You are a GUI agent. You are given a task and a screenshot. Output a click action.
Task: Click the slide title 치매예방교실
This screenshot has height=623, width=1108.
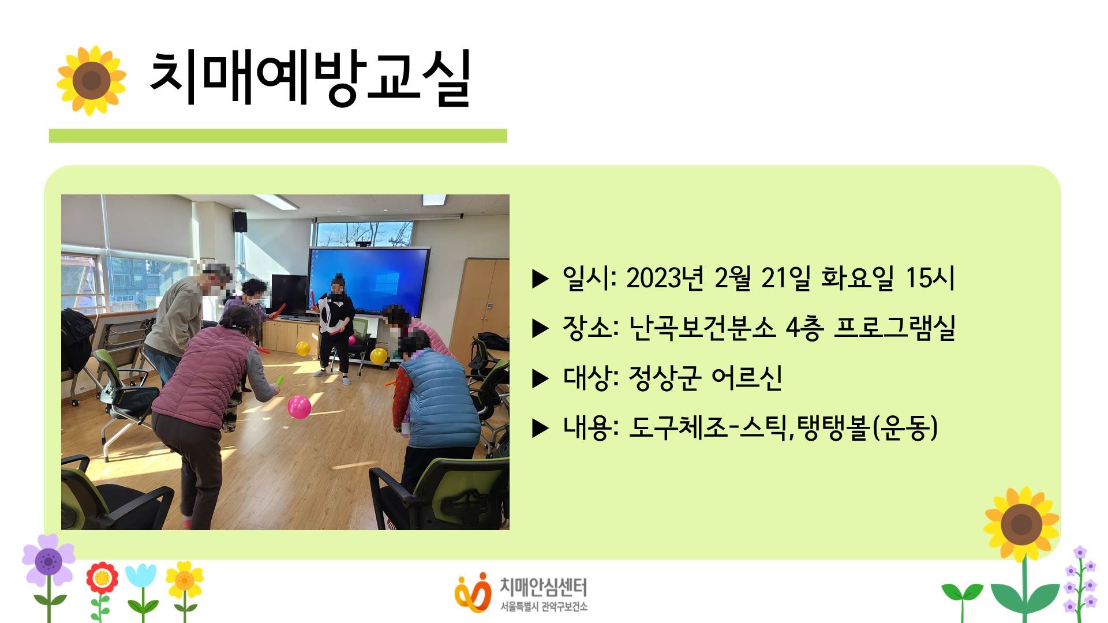coord(310,78)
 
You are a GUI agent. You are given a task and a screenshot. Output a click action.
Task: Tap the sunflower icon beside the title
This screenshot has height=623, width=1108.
coord(91,80)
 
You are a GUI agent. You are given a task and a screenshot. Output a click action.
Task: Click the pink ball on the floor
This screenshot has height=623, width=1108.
coord(299,407)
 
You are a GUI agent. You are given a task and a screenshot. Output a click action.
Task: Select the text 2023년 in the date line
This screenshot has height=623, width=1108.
coord(665,278)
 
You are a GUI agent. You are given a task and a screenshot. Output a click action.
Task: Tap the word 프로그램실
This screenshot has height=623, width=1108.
coord(894,328)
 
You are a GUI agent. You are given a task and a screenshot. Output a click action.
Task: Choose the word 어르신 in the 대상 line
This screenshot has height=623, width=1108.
coord(746,378)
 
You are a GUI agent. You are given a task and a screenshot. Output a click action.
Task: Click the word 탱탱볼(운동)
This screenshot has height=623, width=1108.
coord(869,427)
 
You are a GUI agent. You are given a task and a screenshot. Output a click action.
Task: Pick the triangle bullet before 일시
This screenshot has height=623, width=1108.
coord(540,279)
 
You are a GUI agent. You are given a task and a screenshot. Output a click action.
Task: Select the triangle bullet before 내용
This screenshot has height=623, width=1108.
coord(540,428)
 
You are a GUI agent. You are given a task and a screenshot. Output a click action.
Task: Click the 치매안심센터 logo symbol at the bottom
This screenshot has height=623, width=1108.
coord(473,591)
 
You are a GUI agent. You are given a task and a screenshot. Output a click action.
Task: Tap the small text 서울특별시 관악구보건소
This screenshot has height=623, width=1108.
coord(544,606)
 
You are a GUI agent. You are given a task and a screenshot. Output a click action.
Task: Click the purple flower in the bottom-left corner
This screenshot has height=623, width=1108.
coord(48,560)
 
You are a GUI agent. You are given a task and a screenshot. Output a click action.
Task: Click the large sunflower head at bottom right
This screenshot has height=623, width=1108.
coord(1021,524)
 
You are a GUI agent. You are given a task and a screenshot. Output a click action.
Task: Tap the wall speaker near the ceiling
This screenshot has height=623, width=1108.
coord(240,222)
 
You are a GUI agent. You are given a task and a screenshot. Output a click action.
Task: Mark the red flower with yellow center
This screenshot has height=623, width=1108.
coord(102,577)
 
